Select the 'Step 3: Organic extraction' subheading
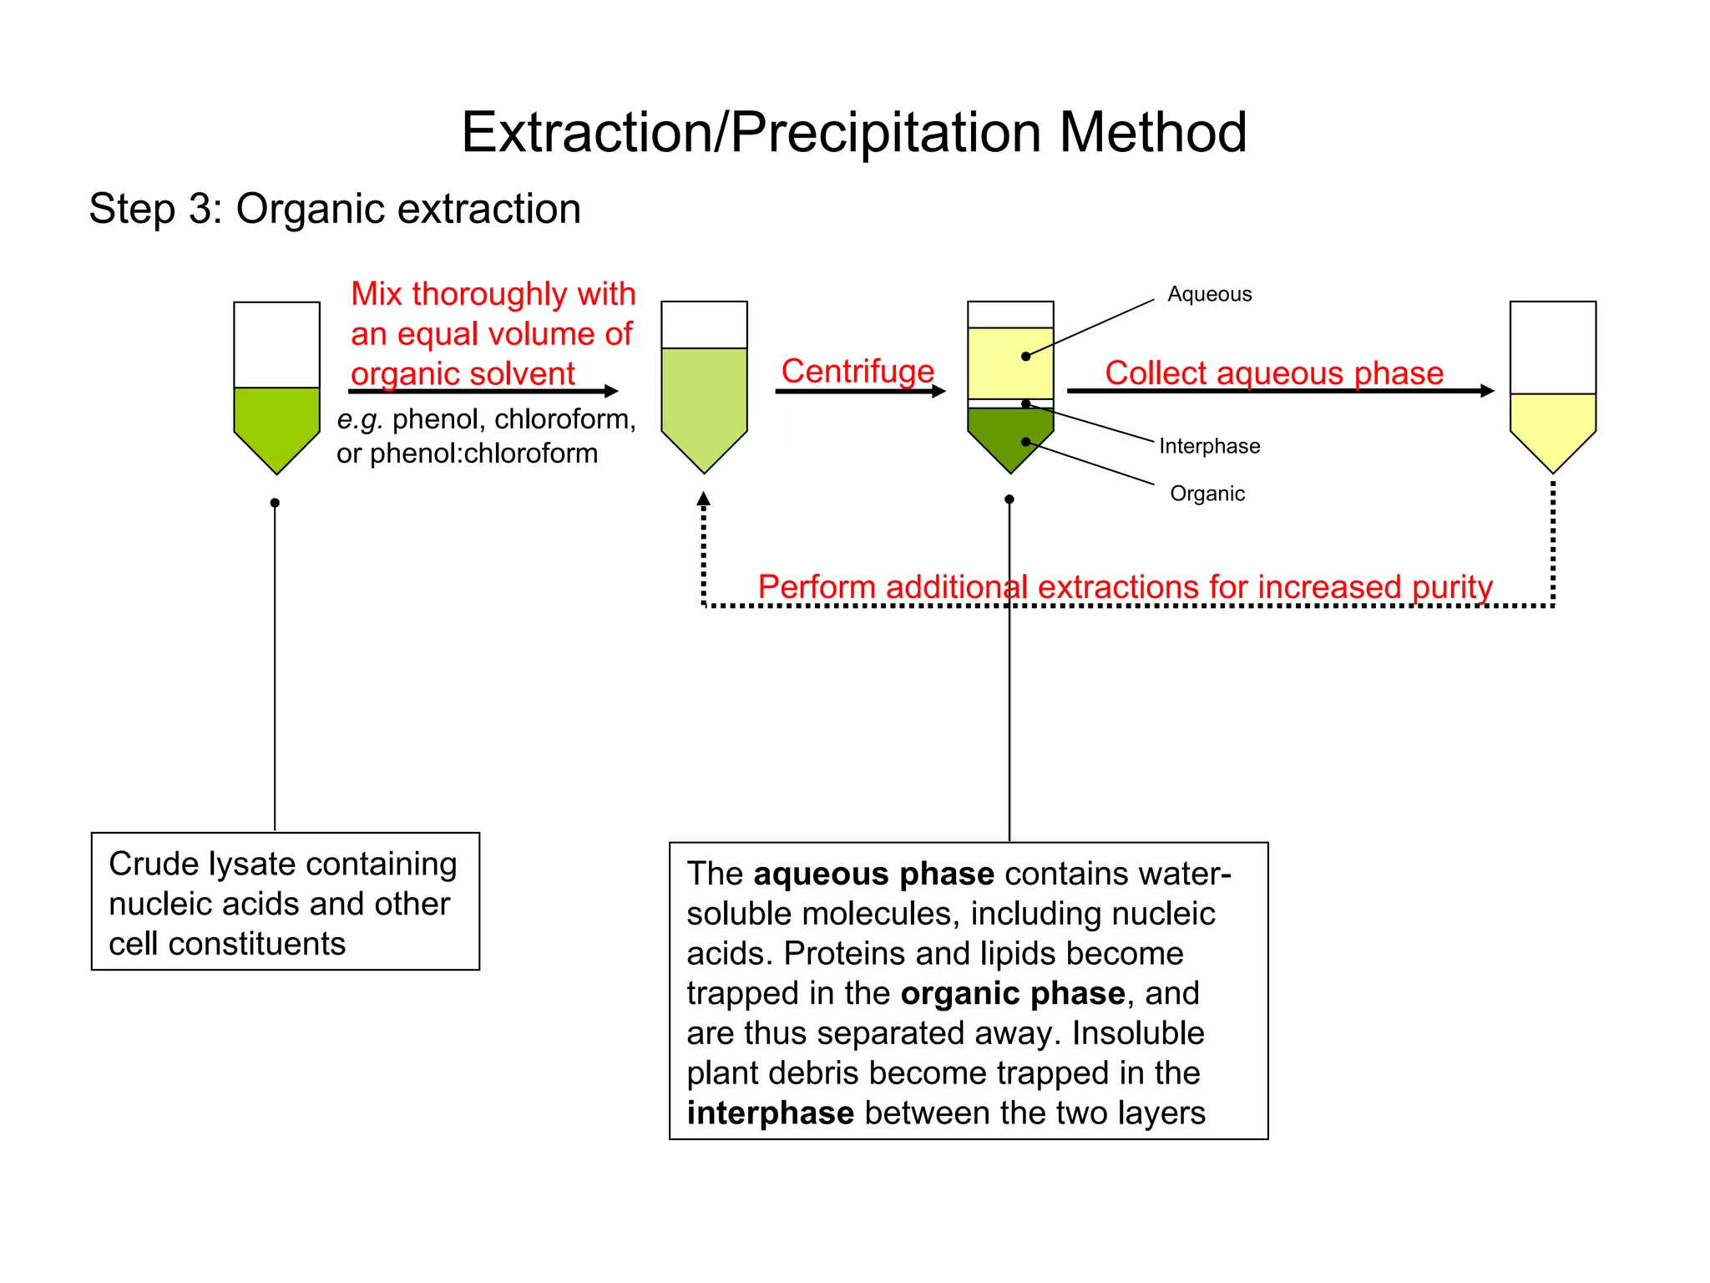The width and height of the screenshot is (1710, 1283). coord(335,209)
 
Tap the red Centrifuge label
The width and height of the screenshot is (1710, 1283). coord(858,371)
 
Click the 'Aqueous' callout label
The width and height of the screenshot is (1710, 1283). coord(1209,294)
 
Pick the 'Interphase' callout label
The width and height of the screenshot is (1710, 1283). coord(1209,446)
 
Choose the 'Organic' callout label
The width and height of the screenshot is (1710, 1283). coord(1207,494)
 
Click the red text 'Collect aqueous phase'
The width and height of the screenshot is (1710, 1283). coord(1274,373)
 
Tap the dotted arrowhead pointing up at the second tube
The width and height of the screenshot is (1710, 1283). coord(704,499)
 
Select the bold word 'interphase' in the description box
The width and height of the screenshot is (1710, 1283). coord(770,1113)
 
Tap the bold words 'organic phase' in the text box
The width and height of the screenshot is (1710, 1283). coord(1013,993)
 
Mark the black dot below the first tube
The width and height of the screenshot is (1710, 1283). coord(275,503)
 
